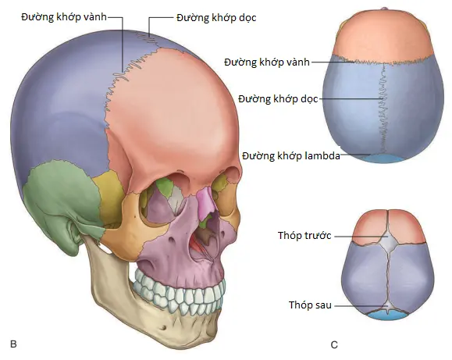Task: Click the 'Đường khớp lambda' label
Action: coord(291,155)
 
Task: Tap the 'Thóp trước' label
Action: coord(304,235)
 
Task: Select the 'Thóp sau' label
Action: coord(310,305)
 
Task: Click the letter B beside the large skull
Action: coord(13,344)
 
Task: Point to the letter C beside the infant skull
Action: coord(334,344)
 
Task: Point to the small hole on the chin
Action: coord(164,328)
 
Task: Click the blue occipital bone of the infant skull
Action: coord(387,315)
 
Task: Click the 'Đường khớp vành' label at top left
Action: coord(64,17)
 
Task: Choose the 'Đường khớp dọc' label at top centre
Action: coord(216,18)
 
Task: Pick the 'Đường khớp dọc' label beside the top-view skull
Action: coord(278,99)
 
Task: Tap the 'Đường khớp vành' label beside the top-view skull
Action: coord(267,62)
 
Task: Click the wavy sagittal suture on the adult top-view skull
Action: coord(383,109)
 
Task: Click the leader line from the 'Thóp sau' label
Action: coord(361,306)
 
